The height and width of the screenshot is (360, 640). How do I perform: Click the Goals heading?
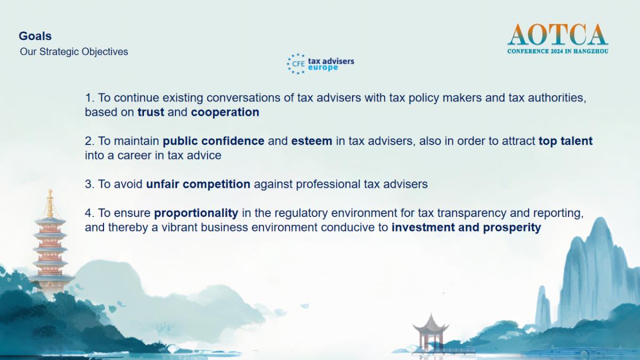[35, 36]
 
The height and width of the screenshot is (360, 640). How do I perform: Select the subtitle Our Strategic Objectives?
[74, 52]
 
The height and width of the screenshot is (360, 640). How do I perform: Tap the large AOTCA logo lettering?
[558, 35]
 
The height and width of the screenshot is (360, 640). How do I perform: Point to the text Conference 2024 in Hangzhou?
[558, 51]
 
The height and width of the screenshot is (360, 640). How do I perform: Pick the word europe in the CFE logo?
[323, 68]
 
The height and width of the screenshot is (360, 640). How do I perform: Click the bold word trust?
[151, 112]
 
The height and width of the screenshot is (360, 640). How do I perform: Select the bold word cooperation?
[225, 113]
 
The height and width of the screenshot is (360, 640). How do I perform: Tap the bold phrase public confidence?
[213, 141]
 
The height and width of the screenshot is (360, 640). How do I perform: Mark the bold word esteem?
[311, 141]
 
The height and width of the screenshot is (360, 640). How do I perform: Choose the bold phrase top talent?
[566, 141]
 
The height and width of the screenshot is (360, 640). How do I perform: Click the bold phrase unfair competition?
[198, 185]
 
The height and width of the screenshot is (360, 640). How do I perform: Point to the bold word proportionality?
[196, 213]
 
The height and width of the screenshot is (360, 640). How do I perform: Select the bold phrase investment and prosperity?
[466, 228]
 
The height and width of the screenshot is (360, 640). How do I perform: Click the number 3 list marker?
[90, 185]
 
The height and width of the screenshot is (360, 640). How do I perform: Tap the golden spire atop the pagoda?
[50, 203]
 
